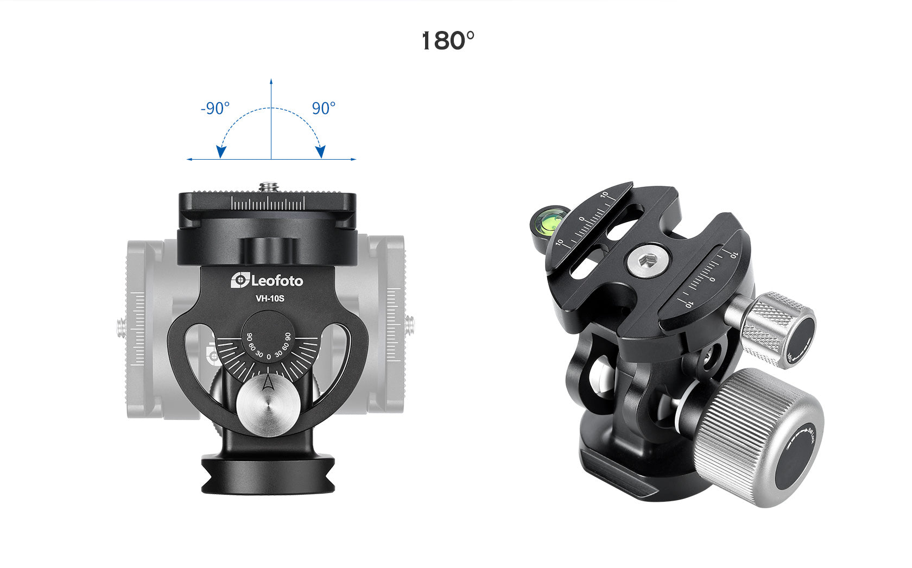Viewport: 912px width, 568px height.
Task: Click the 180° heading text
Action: click(x=448, y=41)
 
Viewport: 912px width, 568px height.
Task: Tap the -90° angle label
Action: click(x=215, y=109)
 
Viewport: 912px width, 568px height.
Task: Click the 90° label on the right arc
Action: click(x=324, y=109)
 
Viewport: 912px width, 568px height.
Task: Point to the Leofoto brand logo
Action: click(x=267, y=281)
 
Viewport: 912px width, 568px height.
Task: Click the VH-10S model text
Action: click(x=270, y=298)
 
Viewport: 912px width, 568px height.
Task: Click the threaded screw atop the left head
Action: click(x=269, y=187)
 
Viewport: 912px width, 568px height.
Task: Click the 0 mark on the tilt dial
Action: click(x=269, y=357)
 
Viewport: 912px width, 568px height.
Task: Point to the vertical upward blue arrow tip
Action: click(x=271, y=81)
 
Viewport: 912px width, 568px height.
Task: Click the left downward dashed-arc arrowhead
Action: click(x=220, y=152)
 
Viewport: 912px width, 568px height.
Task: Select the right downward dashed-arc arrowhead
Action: click(x=321, y=152)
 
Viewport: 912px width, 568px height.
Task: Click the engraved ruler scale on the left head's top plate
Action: click(x=268, y=204)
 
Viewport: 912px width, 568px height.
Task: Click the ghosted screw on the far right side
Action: click(x=411, y=324)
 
